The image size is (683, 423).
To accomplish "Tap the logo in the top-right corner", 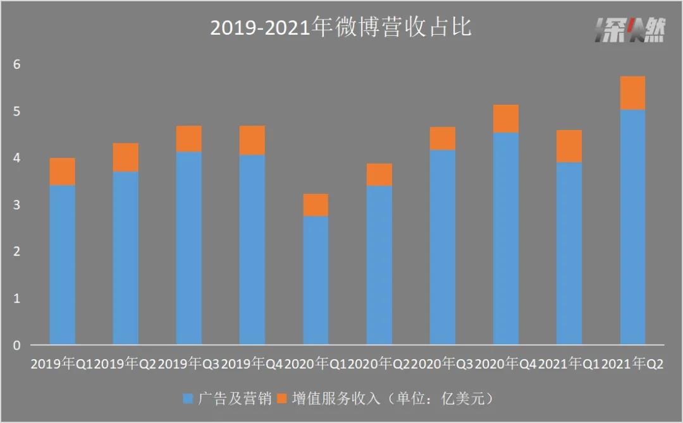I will pos(630,30).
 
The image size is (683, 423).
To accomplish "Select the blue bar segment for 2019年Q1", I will pos(62,265).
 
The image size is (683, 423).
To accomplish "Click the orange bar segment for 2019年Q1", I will pos(62,172).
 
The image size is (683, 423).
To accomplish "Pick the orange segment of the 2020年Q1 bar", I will pos(316,205).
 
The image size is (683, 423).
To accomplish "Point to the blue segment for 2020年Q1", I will pos(316,281).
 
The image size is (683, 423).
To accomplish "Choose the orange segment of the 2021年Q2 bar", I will pos(632,93).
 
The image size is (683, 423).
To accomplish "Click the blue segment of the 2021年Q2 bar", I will pos(632,227).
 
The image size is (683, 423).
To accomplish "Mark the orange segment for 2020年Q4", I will pos(506,119).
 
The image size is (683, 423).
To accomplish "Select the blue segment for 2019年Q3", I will pos(189,248).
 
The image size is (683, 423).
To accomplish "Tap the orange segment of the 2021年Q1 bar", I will pos(569,146).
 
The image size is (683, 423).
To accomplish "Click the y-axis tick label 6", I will pos(17,64).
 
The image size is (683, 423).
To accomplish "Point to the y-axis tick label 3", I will pos(17,205).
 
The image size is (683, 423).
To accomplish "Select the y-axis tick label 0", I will pos(17,345).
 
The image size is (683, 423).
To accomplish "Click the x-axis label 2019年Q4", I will pos(252,364).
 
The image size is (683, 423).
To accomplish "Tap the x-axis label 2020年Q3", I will pos(442,364).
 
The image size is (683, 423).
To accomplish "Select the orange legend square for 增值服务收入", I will pos(281,398).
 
